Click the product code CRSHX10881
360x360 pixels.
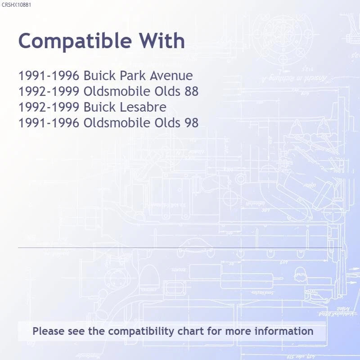(16, 5)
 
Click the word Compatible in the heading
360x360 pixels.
(75, 41)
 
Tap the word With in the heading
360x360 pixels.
(162, 40)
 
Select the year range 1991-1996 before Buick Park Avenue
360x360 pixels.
(49, 76)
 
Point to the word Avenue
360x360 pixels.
(171, 76)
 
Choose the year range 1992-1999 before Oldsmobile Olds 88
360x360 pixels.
(49, 91)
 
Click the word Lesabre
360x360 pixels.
(143, 107)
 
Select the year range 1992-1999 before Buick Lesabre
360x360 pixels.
(49, 107)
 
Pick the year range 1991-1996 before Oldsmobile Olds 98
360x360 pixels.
(49, 122)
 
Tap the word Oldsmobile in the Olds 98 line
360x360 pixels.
(117, 122)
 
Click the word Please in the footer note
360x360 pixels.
(49, 331)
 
